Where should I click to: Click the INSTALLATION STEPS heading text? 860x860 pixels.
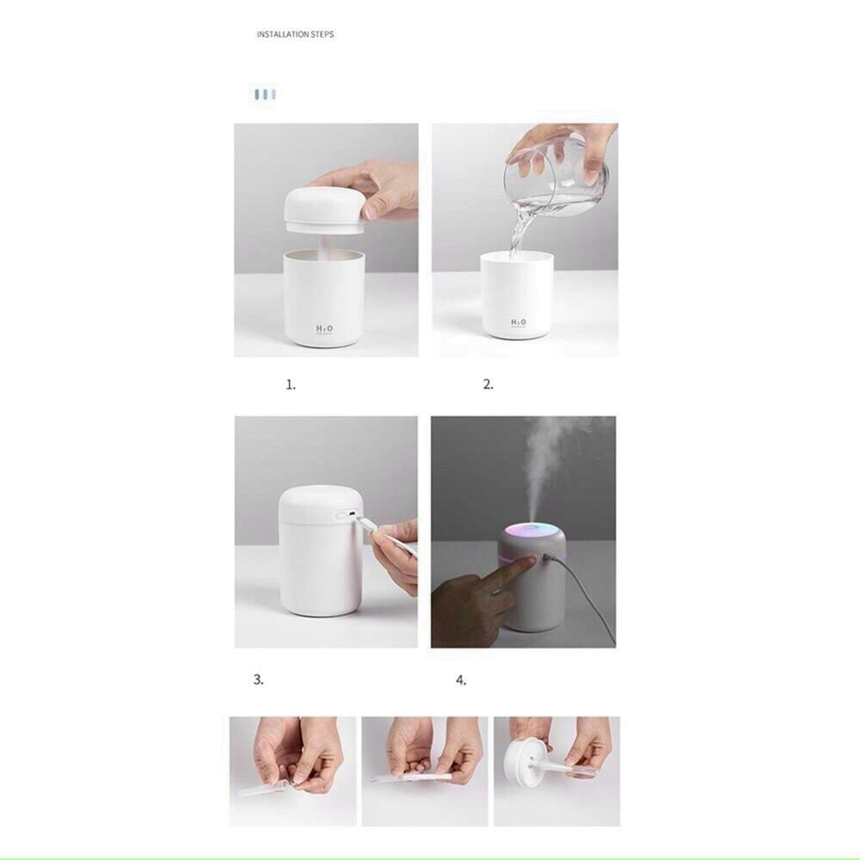click(x=295, y=34)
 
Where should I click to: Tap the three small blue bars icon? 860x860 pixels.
click(x=265, y=94)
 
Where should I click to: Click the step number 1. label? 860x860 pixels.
click(x=291, y=385)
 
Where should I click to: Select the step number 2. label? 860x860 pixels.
click(x=488, y=385)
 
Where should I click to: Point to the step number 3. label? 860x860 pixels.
click(x=258, y=679)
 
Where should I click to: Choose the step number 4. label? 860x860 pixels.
click(x=461, y=680)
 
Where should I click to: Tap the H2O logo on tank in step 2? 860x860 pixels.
click(x=519, y=322)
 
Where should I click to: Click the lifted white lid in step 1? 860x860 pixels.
click(x=322, y=211)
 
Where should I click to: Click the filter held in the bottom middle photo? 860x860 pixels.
click(x=413, y=777)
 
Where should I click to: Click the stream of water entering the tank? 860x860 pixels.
click(x=519, y=234)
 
